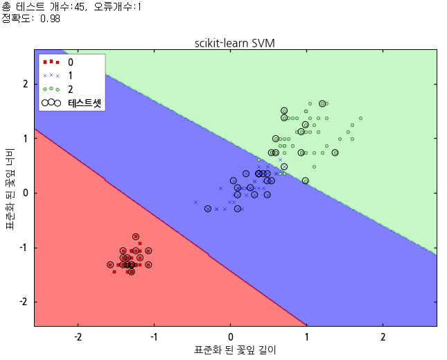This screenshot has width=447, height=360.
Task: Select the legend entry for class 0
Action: click(x=70, y=62)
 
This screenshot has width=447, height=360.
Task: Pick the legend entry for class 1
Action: click(x=70, y=75)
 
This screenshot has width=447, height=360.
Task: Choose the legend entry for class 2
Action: click(x=70, y=89)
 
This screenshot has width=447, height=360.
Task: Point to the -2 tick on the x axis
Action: click(x=78, y=336)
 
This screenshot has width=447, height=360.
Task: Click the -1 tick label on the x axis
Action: click(x=155, y=336)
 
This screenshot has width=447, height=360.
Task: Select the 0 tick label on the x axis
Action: click(x=231, y=336)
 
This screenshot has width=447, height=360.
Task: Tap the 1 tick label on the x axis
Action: click(x=307, y=336)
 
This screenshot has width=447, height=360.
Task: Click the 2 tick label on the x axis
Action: click(x=383, y=336)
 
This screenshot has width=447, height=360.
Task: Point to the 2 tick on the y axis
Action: click(x=24, y=83)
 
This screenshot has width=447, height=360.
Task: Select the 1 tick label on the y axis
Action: click(x=24, y=138)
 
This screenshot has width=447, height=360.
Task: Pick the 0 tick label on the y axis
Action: click(x=24, y=193)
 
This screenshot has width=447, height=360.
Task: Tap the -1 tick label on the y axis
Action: click(x=22, y=248)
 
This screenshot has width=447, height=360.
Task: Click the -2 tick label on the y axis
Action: click(x=22, y=302)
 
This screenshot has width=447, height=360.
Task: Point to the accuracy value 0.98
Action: click(x=50, y=19)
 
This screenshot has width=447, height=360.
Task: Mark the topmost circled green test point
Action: click(x=322, y=103)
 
